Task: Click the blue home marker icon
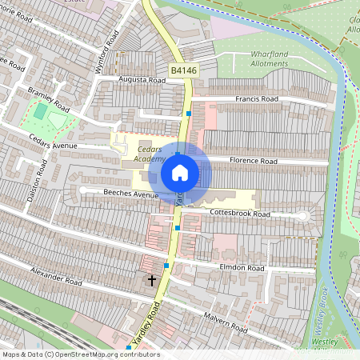click(180, 172)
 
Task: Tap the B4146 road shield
click(183, 71)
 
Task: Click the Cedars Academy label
click(150, 154)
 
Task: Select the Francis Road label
click(256, 99)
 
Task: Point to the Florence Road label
click(254, 161)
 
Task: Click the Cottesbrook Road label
click(240, 214)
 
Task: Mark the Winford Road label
click(108, 52)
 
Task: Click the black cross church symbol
click(152, 280)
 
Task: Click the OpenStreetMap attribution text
click(80, 354)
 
